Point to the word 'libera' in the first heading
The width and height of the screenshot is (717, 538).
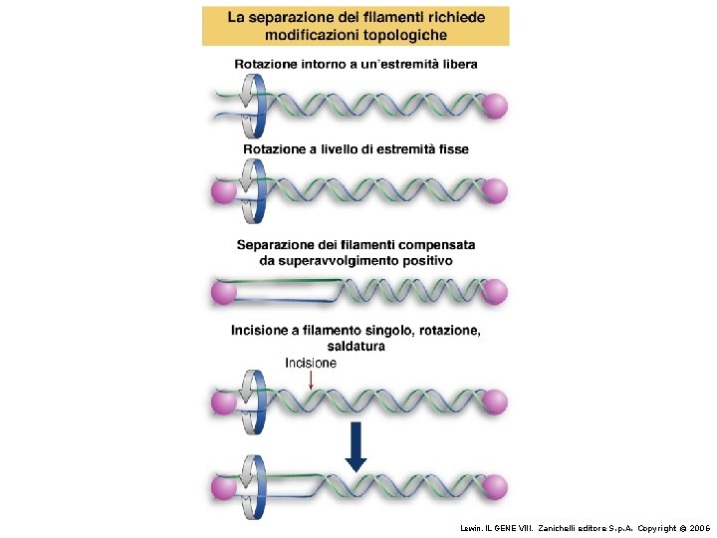coord(457,64)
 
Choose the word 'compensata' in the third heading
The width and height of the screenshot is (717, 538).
coord(437,244)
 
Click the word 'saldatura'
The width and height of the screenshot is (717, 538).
coord(355,347)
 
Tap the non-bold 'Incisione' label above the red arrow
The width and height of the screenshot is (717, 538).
coord(311,364)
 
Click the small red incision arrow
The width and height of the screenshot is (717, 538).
coord(311,381)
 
